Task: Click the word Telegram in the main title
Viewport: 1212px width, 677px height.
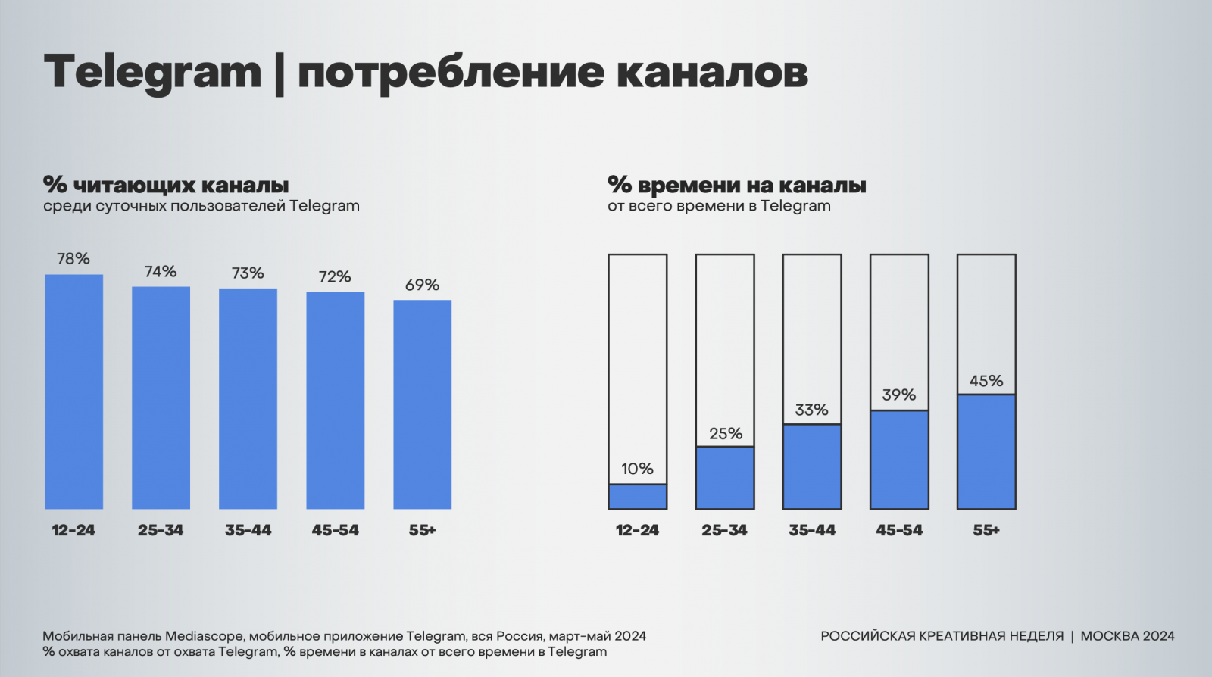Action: pos(152,73)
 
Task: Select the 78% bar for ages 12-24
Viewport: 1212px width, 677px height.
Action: pos(73,392)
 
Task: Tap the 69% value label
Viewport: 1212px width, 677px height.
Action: pos(422,285)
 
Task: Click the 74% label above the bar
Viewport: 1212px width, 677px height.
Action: pos(161,271)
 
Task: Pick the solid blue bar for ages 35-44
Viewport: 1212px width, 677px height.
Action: pos(248,398)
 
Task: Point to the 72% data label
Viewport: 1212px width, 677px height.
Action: pos(335,276)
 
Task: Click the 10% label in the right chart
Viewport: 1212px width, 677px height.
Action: pos(637,469)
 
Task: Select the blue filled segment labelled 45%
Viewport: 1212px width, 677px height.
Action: pos(986,451)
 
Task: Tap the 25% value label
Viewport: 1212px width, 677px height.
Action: pos(725,433)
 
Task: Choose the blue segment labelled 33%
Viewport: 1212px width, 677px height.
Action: pos(812,466)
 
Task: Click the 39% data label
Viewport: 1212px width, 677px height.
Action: pos(899,395)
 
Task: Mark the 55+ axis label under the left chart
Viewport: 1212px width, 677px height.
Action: pos(422,530)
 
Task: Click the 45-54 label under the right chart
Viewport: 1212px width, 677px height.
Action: pos(899,530)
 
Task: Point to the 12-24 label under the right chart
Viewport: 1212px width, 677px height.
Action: pos(637,530)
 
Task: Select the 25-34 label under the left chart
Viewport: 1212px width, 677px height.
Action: pos(161,530)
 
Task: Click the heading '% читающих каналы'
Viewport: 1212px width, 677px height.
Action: pos(166,185)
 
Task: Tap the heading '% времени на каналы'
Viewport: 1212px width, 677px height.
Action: pos(736,185)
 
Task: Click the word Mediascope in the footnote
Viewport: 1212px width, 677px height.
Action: pos(205,636)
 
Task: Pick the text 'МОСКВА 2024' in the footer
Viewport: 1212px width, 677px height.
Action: pos(1127,636)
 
